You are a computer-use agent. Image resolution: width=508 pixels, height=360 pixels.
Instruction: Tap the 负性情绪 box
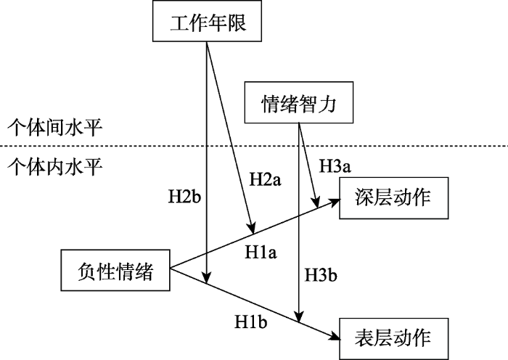pyautogui.click(x=115, y=271)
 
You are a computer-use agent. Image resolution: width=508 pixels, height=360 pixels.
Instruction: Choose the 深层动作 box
pyautogui.click(x=392, y=198)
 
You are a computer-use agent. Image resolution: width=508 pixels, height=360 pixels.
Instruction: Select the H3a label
pyautogui.click(x=335, y=167)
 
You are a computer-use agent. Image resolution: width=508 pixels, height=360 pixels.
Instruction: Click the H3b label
pyautogui.click(x=321, y=275)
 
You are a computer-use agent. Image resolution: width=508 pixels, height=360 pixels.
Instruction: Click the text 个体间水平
pyautogui.click(x=54, y=128)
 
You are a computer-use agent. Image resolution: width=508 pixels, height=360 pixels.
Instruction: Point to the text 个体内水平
pyautogui.click(x=54, y=166)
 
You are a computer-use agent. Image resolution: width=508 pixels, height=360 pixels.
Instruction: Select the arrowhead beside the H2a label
pyautogui.click(x=252, y=227)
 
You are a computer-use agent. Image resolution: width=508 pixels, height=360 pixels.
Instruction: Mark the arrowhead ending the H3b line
pyautogui.click(x=298, y=317)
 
